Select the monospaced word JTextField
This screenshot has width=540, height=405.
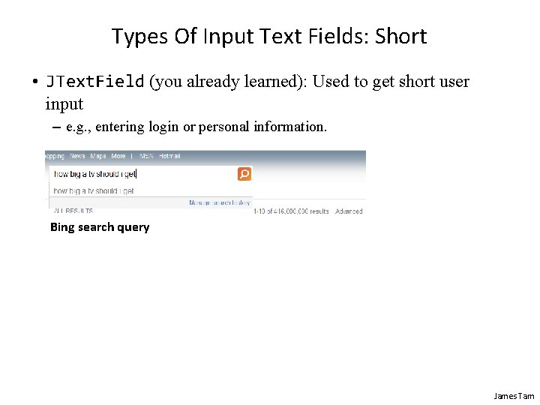coord(94,82)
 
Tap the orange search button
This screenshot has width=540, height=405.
coord(244,174)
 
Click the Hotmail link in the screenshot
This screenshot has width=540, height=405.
coord(169,156)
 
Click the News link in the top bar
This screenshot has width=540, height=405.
coord(77,156)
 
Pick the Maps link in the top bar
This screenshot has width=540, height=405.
coord(98,156)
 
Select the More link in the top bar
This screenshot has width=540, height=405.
coord(118,156)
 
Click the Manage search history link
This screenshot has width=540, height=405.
coord(219,202)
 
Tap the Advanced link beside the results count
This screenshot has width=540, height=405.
coord(349,211)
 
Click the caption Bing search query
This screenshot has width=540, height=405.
coord(100,227)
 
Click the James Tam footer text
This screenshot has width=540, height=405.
coord(514,395)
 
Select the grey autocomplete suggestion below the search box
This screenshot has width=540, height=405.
coord(94,190)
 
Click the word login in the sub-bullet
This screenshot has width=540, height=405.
coord(163,127)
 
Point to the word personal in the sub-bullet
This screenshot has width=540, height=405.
coord(223,127)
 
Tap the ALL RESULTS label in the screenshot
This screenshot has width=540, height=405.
coord(73,211)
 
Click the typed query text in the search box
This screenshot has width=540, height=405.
coord(94,174)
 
